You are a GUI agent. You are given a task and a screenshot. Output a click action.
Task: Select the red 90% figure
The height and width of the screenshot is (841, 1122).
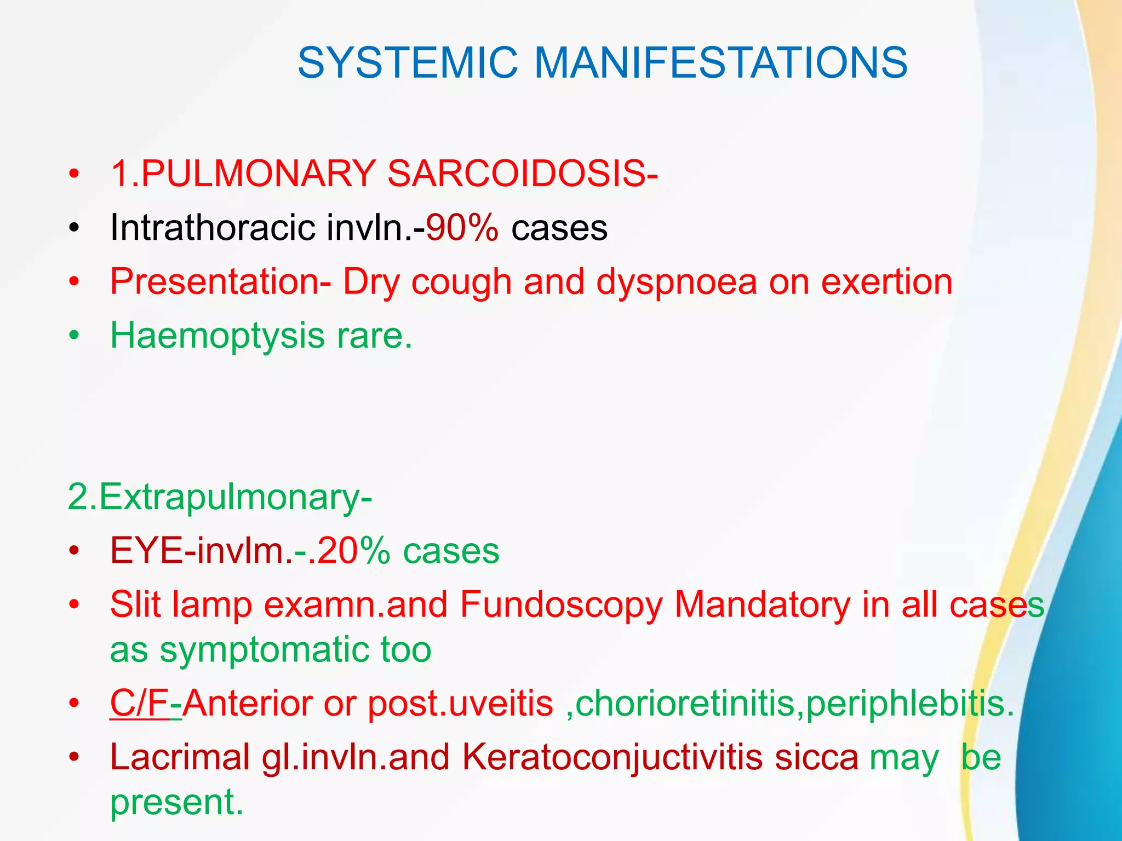[x=462, y=227]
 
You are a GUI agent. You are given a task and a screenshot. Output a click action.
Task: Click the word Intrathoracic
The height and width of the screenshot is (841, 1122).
[x=213, y=227]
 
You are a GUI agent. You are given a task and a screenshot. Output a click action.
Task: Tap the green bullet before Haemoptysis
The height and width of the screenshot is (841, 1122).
[x=75, y=335]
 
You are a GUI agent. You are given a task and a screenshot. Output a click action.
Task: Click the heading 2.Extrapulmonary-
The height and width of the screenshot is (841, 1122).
[x=220, y=497]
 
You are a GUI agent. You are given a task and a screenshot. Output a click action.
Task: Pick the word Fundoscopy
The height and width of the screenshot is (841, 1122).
[x=561, y=606]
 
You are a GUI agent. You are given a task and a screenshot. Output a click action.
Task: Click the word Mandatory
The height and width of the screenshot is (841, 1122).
[x=762, y=604]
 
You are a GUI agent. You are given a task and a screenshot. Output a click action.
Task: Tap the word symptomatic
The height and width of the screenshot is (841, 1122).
[x=265, y=650]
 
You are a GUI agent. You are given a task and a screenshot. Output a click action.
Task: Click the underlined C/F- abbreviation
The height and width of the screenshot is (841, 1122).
[x=145, y=703]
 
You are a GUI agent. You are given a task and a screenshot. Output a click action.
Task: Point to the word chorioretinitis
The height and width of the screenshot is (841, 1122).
[x=684, y=703]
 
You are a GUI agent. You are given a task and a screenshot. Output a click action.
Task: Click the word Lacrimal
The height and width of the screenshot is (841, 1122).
[x=180, y=757]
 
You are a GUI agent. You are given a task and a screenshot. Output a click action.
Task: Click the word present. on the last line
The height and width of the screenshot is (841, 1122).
[x=176, y=803]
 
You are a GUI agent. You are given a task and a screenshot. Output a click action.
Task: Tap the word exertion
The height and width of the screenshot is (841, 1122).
[x=886, y=282]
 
